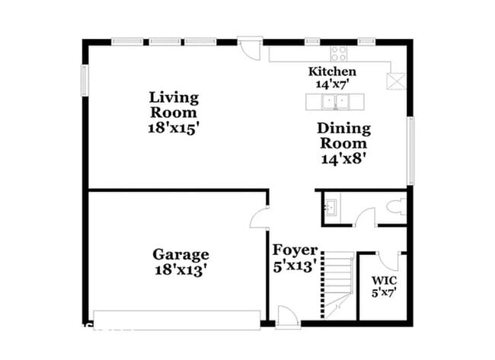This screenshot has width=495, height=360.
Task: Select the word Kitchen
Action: click(331, 72)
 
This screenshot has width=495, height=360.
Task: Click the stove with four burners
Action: click(338, 53)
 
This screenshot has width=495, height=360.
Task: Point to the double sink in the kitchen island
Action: click(333, 102)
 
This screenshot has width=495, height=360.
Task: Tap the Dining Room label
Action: click(343, 135)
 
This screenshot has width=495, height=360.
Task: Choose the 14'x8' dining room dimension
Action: click(344, 160)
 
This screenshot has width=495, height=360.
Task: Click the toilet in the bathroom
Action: click(395, 207)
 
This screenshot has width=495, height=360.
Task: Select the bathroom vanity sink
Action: click(331, 208)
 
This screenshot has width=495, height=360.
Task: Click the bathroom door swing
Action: click(365, 216)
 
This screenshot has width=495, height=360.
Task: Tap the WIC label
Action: click(383, 279)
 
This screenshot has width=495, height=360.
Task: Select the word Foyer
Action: click(295, 250)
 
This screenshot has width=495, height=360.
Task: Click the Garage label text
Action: click(180, 254)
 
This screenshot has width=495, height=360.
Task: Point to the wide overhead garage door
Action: click(177, 318)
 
